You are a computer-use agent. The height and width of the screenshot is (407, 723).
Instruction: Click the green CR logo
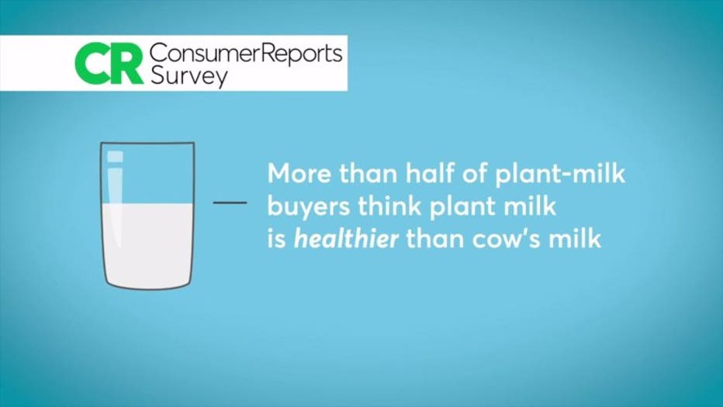pos(109,64)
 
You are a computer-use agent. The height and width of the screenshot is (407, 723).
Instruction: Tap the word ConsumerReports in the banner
pos(246,54)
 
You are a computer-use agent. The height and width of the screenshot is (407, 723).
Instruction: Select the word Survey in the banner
pos(189,77)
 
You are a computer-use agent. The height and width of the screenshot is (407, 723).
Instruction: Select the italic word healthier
pos(346,238)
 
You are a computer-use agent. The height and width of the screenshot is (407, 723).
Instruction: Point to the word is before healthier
pos(277,239)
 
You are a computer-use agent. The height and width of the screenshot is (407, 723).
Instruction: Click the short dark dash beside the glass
pos(230,203)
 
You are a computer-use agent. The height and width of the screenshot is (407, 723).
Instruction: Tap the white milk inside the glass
pos(147,245)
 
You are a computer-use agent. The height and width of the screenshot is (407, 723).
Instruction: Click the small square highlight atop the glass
pos(116,157)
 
